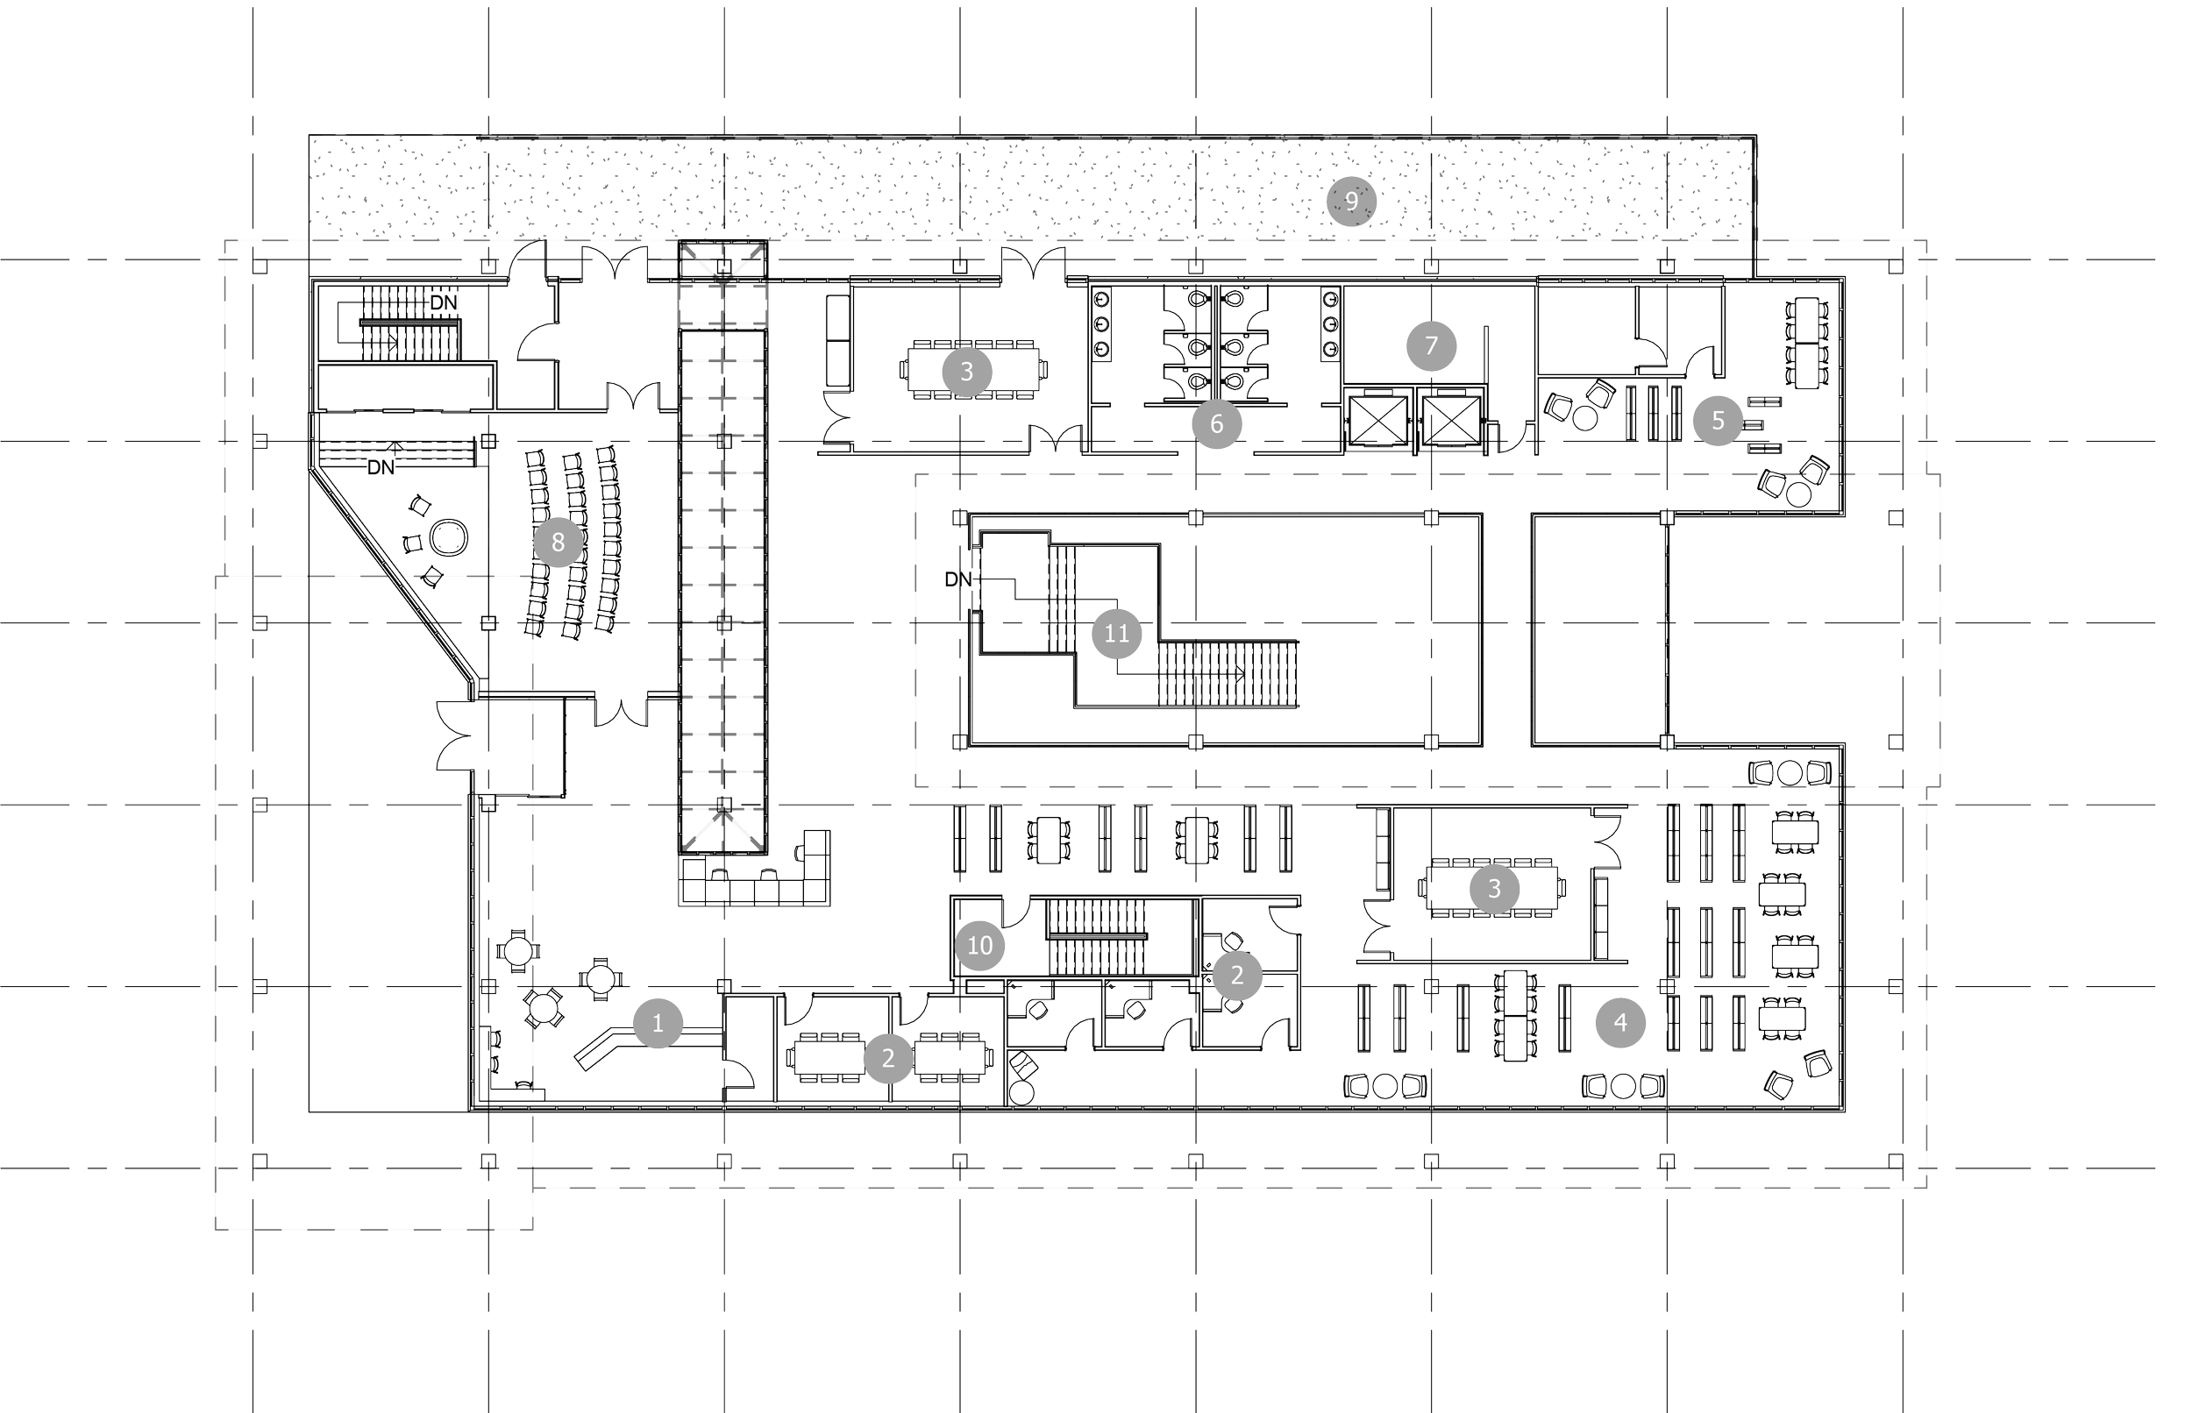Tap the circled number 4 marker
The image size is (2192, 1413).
pyautogui.click(x=1619, y=1021)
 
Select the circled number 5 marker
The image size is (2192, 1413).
pyautogui.click(x=1718, y=420)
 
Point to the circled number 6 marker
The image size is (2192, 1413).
pyautogui.click(x=1217, y=424)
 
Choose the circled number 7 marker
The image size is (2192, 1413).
pyautogui.click(x=1430, y=346)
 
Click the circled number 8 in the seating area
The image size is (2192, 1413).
pyautogui.click(x=558, y=543)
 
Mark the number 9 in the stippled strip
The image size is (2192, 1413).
pyautogui.click(x=1350, y=200)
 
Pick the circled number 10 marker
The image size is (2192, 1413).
pyautogui.click(x=980, y=945)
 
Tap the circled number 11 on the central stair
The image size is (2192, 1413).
pyautogui.click(x=1115, y=633)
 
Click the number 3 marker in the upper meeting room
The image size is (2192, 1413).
pyautogui.click(x=965, y=372)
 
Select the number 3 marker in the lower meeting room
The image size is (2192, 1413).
pyautogui.click(x=1494, y=888)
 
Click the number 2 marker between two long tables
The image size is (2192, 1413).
pyautogui.click(x=887, y=1058)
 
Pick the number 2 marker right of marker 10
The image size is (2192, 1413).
pyautogui.click(x=1236, y=976)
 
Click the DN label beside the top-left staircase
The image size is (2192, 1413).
pyautogui.click(x=443, y=302)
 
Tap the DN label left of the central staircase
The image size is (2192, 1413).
pyautogui.click(x=957, y=579)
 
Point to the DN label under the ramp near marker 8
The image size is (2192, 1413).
pyautogui.click(x=381, y=468)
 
